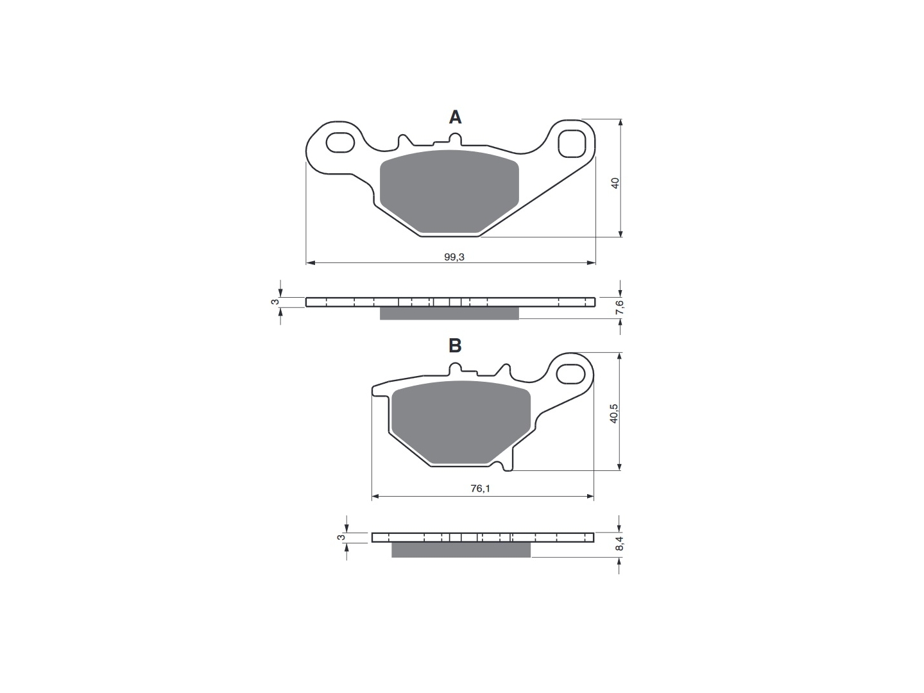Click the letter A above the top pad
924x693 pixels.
click(455, 117)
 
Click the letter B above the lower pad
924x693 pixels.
click(455, 345)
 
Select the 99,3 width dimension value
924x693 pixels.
click(454, 257)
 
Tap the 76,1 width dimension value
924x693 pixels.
click(481, 488)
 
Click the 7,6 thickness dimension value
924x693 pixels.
click(620, 307)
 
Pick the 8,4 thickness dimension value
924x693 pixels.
click(619, 543)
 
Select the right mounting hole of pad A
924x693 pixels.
click(571, 144)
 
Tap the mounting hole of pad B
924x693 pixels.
click(571, 374)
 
